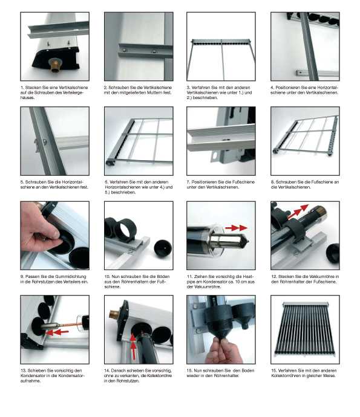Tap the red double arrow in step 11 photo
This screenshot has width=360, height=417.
[236, 228]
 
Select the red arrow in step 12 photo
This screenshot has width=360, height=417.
[298, 212]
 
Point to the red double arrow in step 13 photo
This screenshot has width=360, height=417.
[57, 332]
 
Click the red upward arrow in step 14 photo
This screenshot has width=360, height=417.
[133, 346]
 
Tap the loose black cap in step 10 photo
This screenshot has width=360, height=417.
[163, 248]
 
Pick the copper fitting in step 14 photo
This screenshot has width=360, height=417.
[114, 314]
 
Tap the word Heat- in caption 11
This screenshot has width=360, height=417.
[247, 277]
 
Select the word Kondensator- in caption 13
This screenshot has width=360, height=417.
[71, 376]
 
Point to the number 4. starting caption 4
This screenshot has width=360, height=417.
[272, 88]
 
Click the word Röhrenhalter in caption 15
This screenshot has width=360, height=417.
[225, 376]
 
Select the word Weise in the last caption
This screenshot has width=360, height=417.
[329, 376]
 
